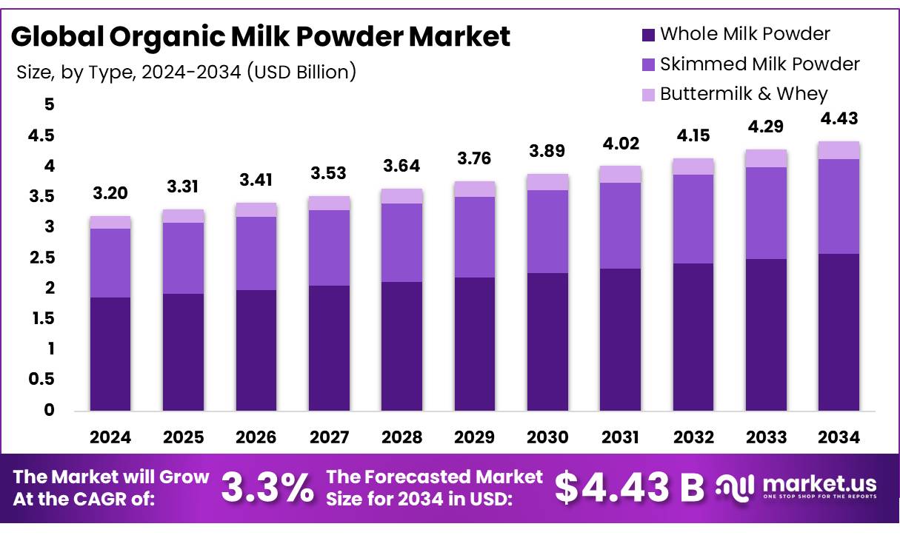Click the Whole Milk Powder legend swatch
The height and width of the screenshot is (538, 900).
[x=649, y=34]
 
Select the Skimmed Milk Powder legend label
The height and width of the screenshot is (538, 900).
[x=759, y=64]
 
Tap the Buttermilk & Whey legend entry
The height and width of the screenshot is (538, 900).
[x=744, y=94]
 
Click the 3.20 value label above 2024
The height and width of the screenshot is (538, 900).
[x=110, y=194]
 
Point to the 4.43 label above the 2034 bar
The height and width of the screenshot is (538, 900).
[x=839, y=118]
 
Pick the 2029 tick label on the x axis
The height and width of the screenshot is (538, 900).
[x=475, y=437]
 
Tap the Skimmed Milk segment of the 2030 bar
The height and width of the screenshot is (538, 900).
[x=547, y=232]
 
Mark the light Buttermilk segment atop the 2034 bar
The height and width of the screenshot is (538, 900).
[x=839, y=150]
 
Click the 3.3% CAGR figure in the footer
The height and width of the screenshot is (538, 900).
[x=267, y=488]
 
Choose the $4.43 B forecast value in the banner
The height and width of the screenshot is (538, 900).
[x=630, y=487]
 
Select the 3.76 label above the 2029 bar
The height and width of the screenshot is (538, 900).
[x=475, y=159]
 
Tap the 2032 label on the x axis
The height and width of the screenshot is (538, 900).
[x=693, y=437]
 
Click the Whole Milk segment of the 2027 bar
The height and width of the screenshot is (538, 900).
[x=329, y=348]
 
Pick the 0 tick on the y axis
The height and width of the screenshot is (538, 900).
[x=49, y=410]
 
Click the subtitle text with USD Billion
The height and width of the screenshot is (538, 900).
[x=186, y=73]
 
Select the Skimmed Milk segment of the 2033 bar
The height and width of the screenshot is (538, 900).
[x=766, y=213]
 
